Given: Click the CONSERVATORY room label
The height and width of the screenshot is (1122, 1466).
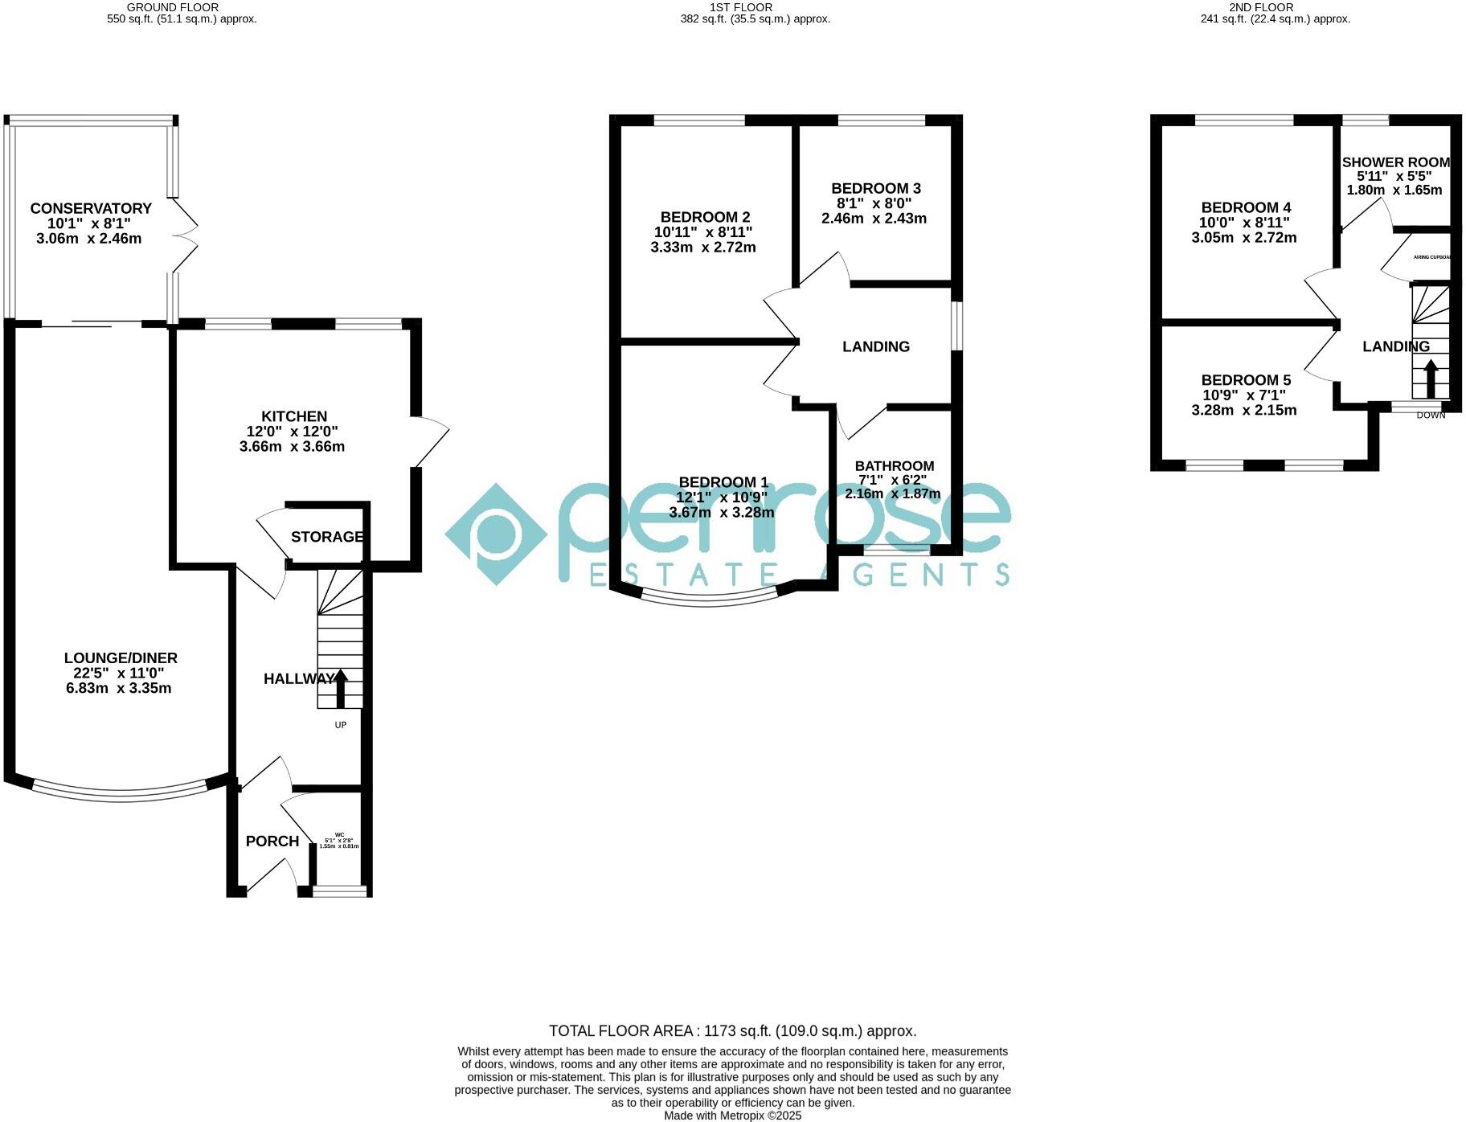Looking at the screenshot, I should (91, 208).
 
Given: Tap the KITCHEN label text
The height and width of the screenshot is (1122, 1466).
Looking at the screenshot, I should (294, 416).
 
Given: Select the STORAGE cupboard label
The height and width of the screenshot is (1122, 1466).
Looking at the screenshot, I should (326, 537).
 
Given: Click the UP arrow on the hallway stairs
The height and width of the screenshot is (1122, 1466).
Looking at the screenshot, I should (341, 689).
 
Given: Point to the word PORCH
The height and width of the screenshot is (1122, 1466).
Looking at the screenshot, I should (272, 841).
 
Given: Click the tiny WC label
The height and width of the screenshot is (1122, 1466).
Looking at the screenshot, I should (339, 835).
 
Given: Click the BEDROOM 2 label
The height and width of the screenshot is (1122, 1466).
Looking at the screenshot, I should (705, 217).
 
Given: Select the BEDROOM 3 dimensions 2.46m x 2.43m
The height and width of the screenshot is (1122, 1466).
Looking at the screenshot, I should (874, 219).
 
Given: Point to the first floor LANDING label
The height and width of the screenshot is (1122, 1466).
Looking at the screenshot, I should (876, 346).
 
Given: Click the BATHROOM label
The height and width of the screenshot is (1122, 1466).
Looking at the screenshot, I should (894, 466).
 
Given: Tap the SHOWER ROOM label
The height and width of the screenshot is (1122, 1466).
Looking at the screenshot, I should (1396, 162).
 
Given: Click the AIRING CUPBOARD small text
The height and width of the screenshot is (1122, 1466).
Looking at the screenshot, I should (1432, 258).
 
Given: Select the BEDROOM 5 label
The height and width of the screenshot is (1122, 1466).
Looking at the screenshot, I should (1246, 380).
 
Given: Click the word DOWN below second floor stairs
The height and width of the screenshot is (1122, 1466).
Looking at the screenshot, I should (1431, 416).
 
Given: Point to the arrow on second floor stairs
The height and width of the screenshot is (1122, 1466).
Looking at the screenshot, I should (1431, 378).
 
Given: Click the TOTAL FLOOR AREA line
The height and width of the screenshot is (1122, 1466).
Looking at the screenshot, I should (732, 1031).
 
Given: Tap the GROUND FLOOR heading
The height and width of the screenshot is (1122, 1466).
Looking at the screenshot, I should (173, 7).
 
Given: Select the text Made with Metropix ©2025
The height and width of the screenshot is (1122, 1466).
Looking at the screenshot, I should (732, 1116).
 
